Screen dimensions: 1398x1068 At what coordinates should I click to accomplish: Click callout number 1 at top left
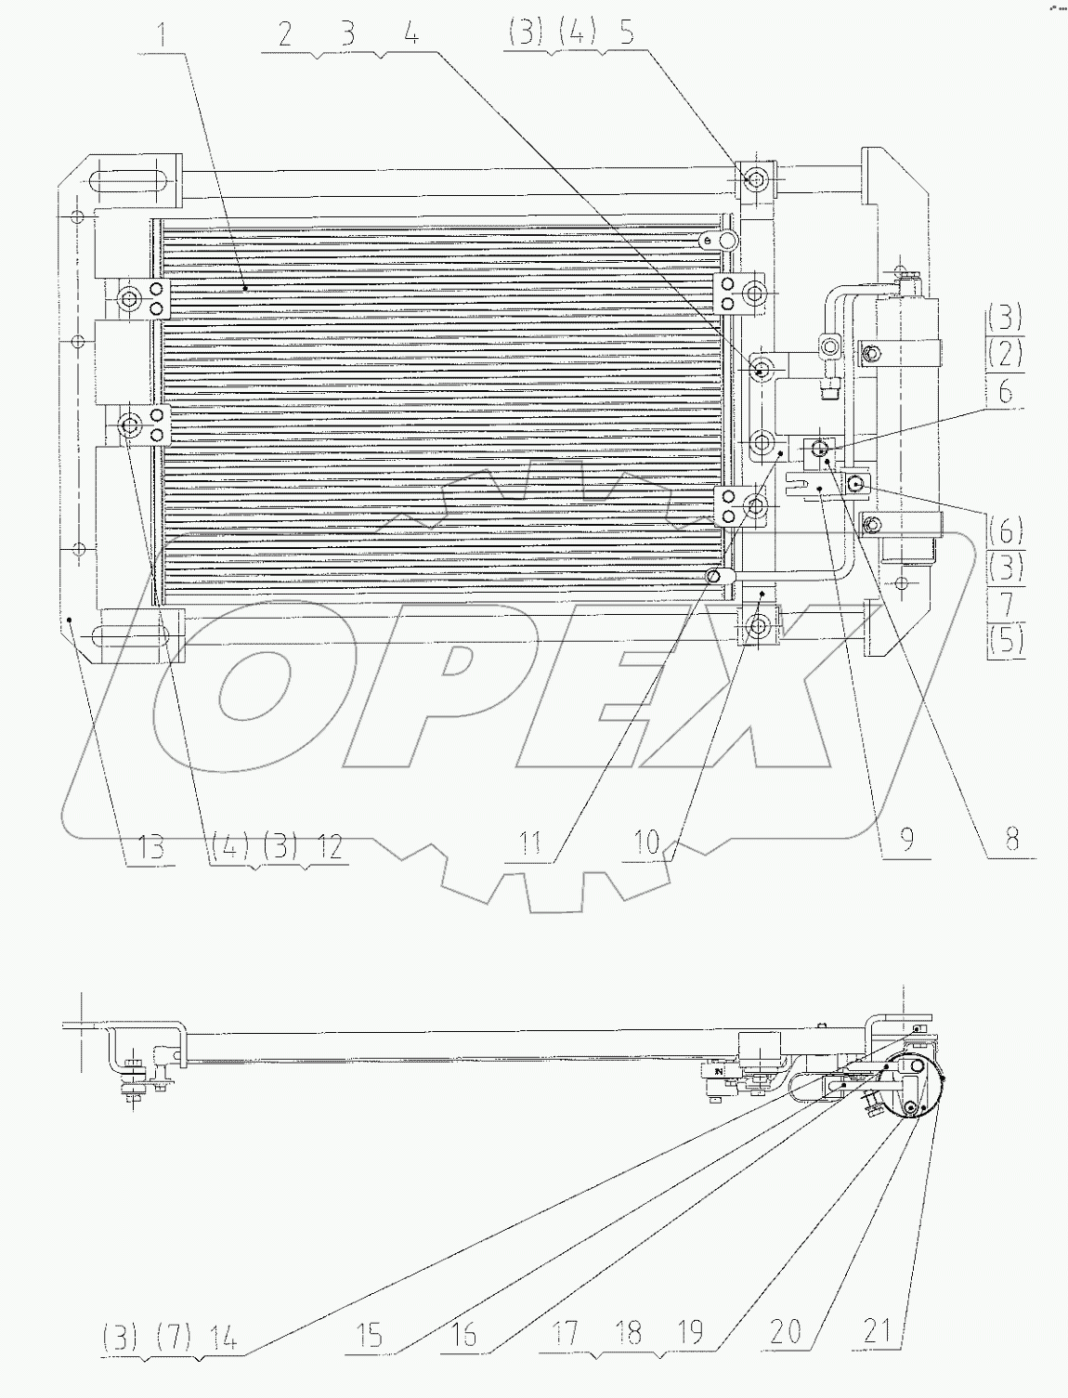pyautogui.click(x=163, y=36)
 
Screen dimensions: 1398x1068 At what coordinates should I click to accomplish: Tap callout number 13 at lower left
pyautogui.click(x=150, y=846)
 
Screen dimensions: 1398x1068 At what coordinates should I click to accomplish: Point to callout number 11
pyautogui.click(x=529, y=844)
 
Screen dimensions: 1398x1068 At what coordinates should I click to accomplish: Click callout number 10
pyautogui.click(x=646, y=844)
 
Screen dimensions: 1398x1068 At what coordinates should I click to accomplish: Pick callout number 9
pyautogui.click(x=906, y=839)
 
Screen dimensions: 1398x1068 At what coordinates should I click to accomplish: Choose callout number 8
pyautogui.click(x=1011, y=839)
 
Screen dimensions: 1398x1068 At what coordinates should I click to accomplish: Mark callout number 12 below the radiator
pyautogui.click(x=329, y=846)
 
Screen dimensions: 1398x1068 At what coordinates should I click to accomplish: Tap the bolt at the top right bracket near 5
pyautogui.click(x=755, y=179)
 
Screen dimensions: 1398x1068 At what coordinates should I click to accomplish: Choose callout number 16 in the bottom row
pyautogui.click(x=463, y=1337)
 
